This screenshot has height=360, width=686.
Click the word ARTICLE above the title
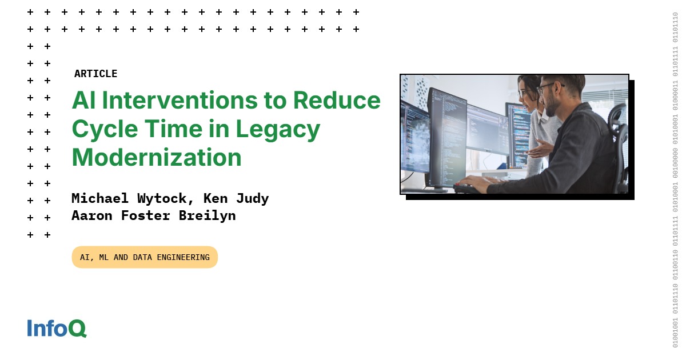pos(95,74)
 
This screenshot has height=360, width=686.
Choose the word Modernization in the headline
pos(157,157)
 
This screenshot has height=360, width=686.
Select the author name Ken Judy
pos(236,198)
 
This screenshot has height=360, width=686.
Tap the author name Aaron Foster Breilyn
pos(153,215)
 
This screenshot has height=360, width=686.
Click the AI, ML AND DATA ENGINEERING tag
pos(145,257)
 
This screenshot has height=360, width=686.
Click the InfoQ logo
pos(57,328)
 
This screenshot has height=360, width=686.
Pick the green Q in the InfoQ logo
pos(78,328)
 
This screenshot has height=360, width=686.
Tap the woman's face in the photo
pos(528,91)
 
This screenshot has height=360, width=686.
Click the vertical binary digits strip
pos(675,180)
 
